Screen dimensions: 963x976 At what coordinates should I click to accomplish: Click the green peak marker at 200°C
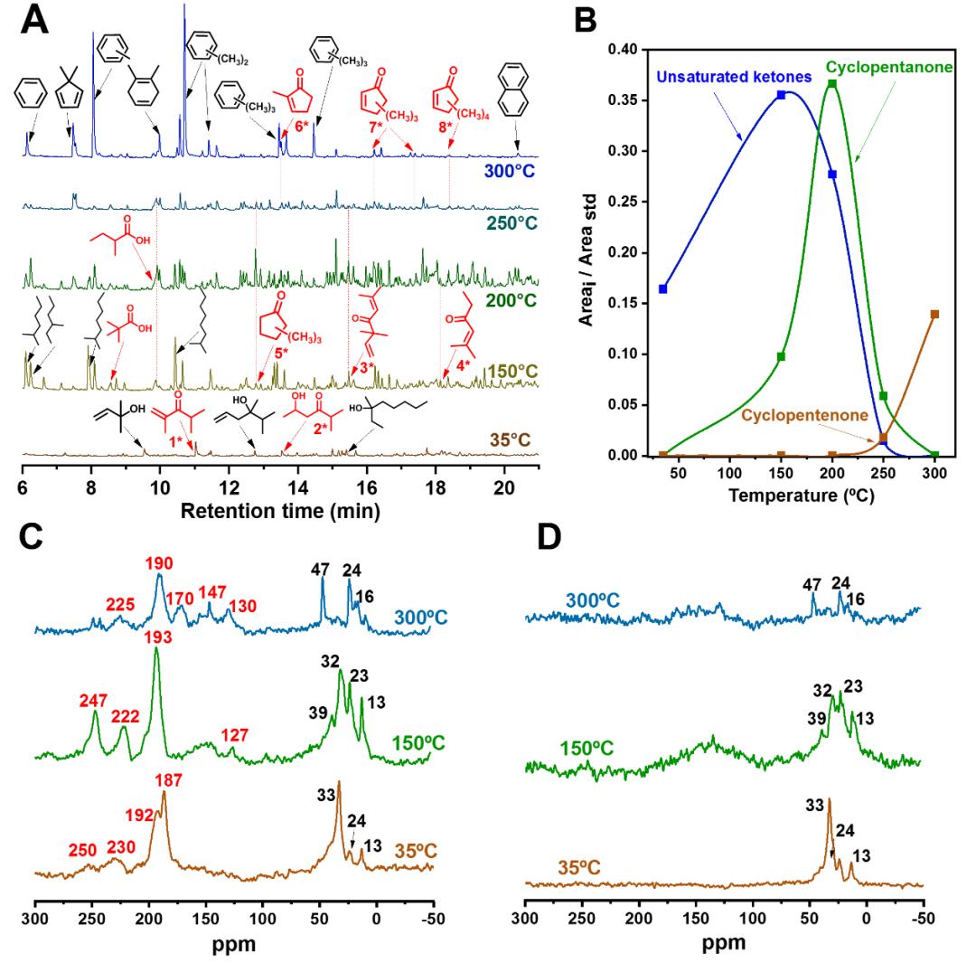[832, 84]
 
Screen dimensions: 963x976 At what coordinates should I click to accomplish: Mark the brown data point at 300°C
[934, 314]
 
